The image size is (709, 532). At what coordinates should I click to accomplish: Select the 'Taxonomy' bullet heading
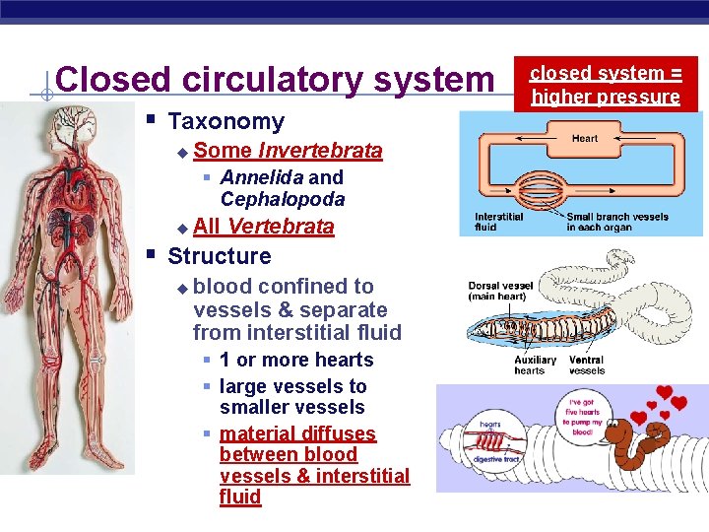tap(226, 122)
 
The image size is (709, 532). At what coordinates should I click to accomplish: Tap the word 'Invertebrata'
tap(320, 151)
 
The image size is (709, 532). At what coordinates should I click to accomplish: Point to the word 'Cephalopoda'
tap(283, 199)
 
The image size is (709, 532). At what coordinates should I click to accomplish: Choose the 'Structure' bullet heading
tap(219, 256)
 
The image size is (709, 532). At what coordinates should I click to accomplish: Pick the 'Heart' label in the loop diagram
tap(585, 139)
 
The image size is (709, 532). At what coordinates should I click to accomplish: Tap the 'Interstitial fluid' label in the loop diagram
tap(498, 222)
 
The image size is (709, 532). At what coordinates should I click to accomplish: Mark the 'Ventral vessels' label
tap(587, 366)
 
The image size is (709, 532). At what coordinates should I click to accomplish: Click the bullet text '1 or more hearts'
tap(296, 361)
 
